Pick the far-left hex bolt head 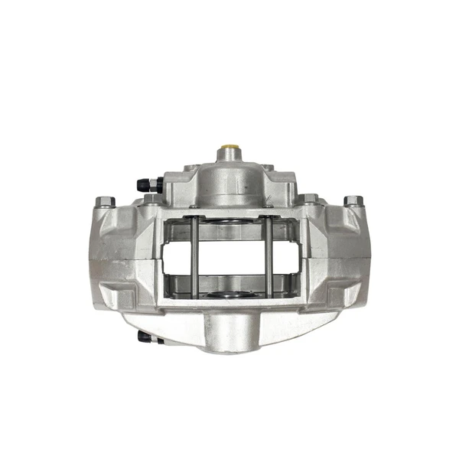pos(105,202)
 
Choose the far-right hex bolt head pos(353,201)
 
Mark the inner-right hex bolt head pos(308,200)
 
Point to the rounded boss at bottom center pos(229,329)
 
